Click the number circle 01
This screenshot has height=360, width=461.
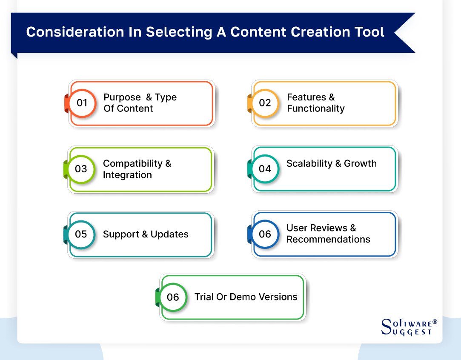pyautogui.click(x=82, y=103)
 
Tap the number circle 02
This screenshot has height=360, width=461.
pyautogui.click(x=265, y=103)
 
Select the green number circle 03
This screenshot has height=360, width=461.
pyautogui.click(x=81, y=169)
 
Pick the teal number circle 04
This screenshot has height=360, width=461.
pyautogui.click(x=265, y=169)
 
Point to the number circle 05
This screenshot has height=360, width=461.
pyautogui.click(x=81, y=234)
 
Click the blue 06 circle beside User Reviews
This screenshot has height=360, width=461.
pyautogui.click(x=265, y=234)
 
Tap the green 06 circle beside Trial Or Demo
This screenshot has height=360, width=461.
pyautogui.click(x=173, y=297)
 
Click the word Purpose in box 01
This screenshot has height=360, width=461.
pyautogui.click(x=122, y=97)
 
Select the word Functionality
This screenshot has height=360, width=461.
pyautogui.click(x=315, y=109)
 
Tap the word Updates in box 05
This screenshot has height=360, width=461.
pyautogui.click(x=169, y=234)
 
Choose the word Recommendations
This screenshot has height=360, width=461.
pyautogui.click(x=328, y=239)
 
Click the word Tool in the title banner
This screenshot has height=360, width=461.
pyautogui.click(x=369, y=32)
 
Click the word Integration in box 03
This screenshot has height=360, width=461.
pyautogui.click(x=127, y=175)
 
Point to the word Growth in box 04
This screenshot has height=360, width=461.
pyautogui.click(x=360, y=163)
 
